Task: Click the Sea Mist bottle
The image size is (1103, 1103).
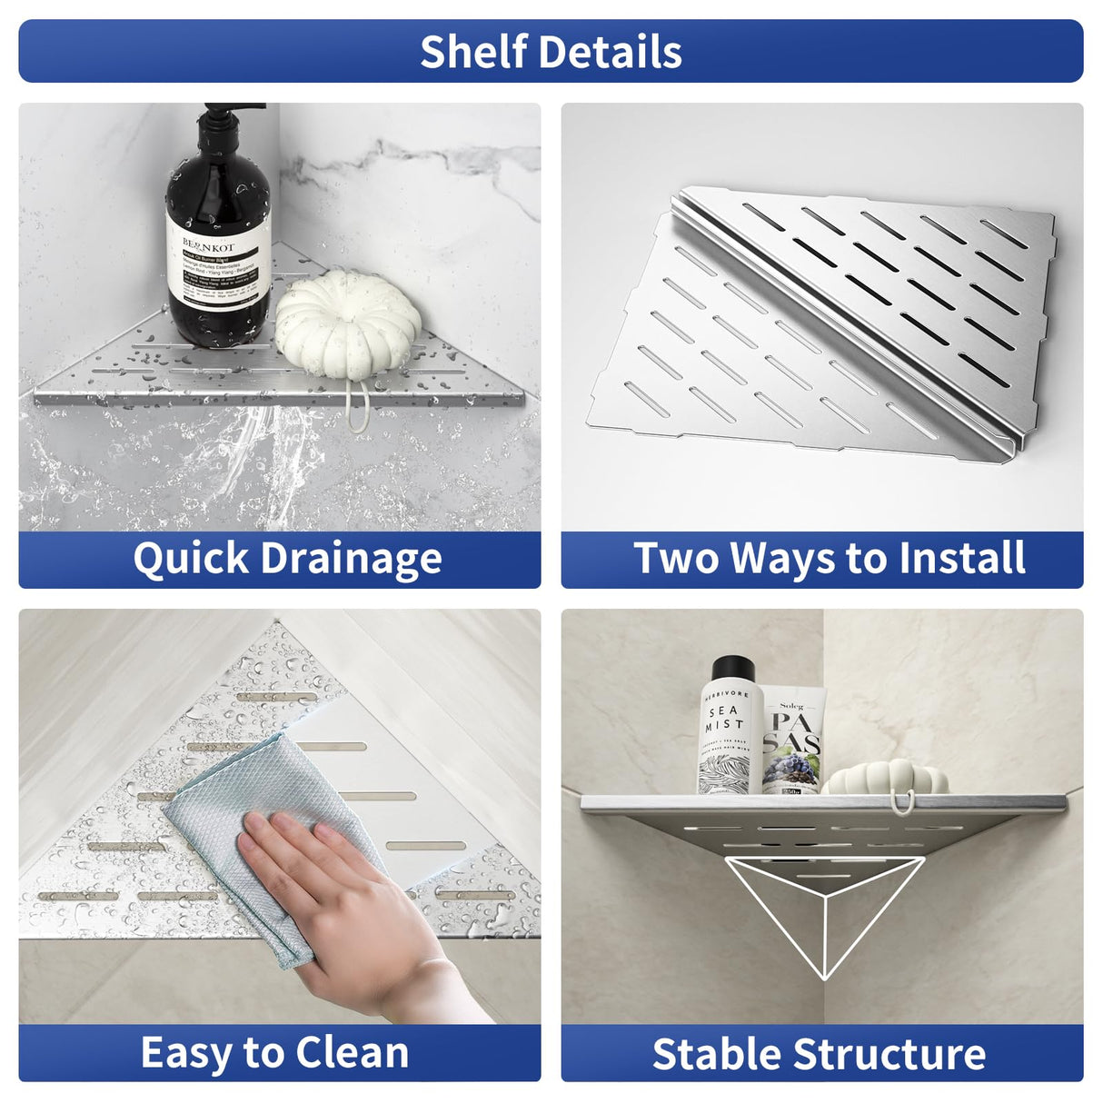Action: click(x=730, y=736)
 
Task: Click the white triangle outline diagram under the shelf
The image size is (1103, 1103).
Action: click(x=824, y=909)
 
